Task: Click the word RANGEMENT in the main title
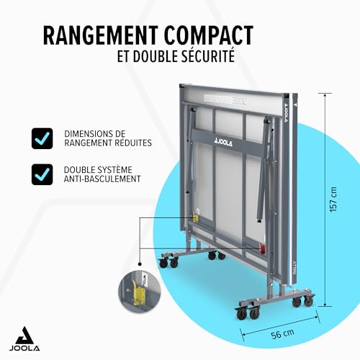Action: (x=101, y=35)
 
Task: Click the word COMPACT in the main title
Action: (x=209, y=35)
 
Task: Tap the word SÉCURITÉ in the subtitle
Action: (x=208, y=55)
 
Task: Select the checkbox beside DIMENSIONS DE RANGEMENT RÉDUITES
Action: (x=42, y=138)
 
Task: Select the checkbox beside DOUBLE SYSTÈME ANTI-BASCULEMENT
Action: (x=42, y=174)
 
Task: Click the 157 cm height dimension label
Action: (x=333, y=199)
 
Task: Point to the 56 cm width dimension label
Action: (x=282, y=334)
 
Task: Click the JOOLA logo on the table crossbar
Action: (x=223, y=143)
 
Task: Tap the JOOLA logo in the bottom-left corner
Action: (x=24, y=338)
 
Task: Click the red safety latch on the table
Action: (x=262, y=248)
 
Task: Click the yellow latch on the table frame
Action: (x=197, y=218)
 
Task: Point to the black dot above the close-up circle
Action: (x=140, y=264)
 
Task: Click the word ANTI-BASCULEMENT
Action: (x=102, y=179)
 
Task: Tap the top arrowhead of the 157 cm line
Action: (x=325, y=95)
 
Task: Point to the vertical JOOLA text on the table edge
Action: (x=286, y=113)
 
